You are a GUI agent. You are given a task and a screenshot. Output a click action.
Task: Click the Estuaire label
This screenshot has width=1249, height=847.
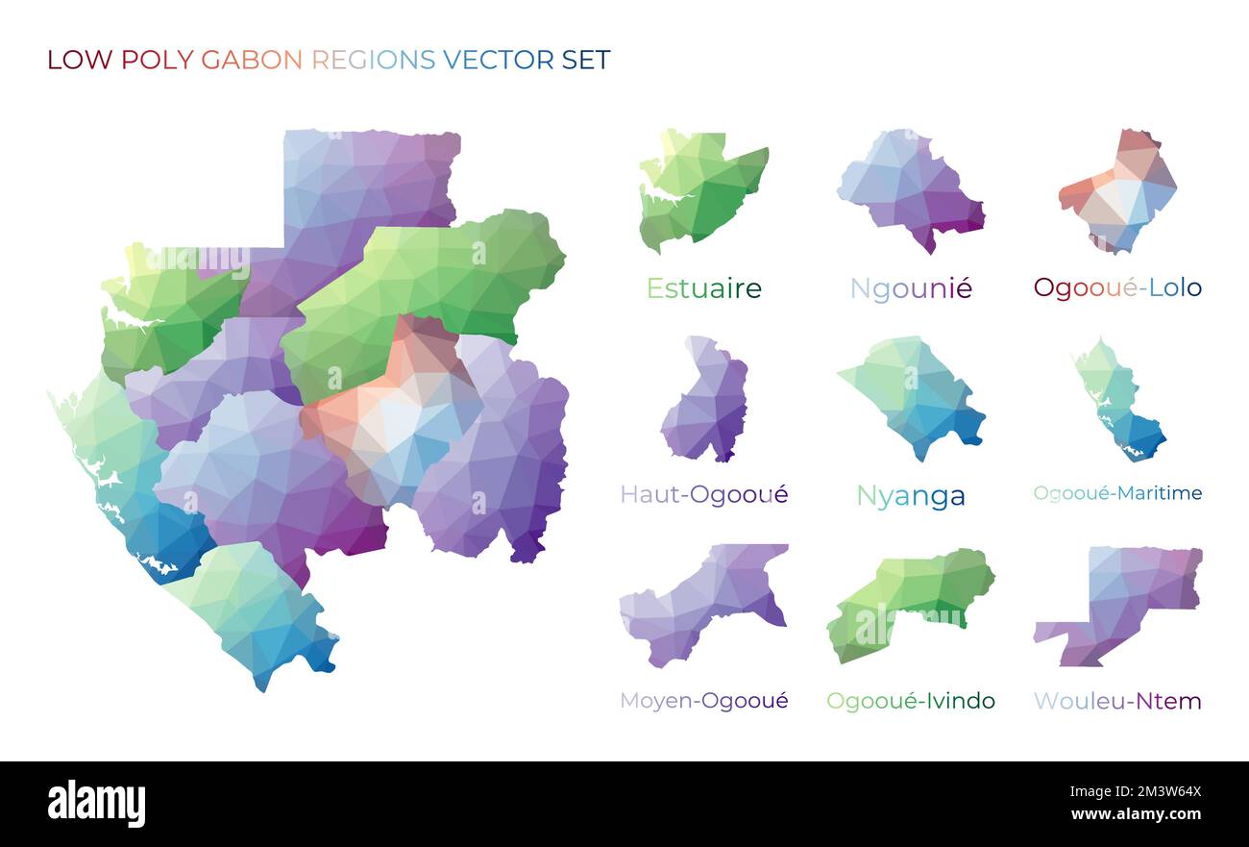pyautogui.click(x=703, y=288)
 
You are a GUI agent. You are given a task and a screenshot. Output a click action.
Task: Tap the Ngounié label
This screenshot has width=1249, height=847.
pyautogui.click(x=911, y=288)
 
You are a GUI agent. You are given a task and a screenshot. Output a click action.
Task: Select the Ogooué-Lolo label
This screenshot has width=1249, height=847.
pyautogui.click(x=1117, y=287)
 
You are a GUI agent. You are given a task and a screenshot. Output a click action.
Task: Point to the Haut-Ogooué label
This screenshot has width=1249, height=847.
pyautogui.click(x=703, y=494)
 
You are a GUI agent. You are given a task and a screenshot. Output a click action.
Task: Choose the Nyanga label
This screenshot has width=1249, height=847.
pyautogui.click(x=911, y=496)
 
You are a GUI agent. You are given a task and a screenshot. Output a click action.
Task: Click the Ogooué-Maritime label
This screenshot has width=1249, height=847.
pyautogui.click(x=1117, y=493)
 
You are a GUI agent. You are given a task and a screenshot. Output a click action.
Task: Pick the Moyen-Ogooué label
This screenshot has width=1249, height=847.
pyautogui.click(x=703, y=701)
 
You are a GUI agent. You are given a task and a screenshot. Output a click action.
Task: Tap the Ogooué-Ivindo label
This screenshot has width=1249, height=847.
pyautogui.click(x=911, y=701)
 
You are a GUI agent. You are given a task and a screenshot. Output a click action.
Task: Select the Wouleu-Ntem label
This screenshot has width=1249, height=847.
pyautogui.click(x=1117, y=701)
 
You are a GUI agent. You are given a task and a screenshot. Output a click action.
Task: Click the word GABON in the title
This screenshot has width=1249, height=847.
pyautogui.click(x=252, y=60)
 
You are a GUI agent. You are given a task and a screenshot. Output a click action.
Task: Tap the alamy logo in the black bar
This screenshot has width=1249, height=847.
pyautogui.click(x=97, y=804)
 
